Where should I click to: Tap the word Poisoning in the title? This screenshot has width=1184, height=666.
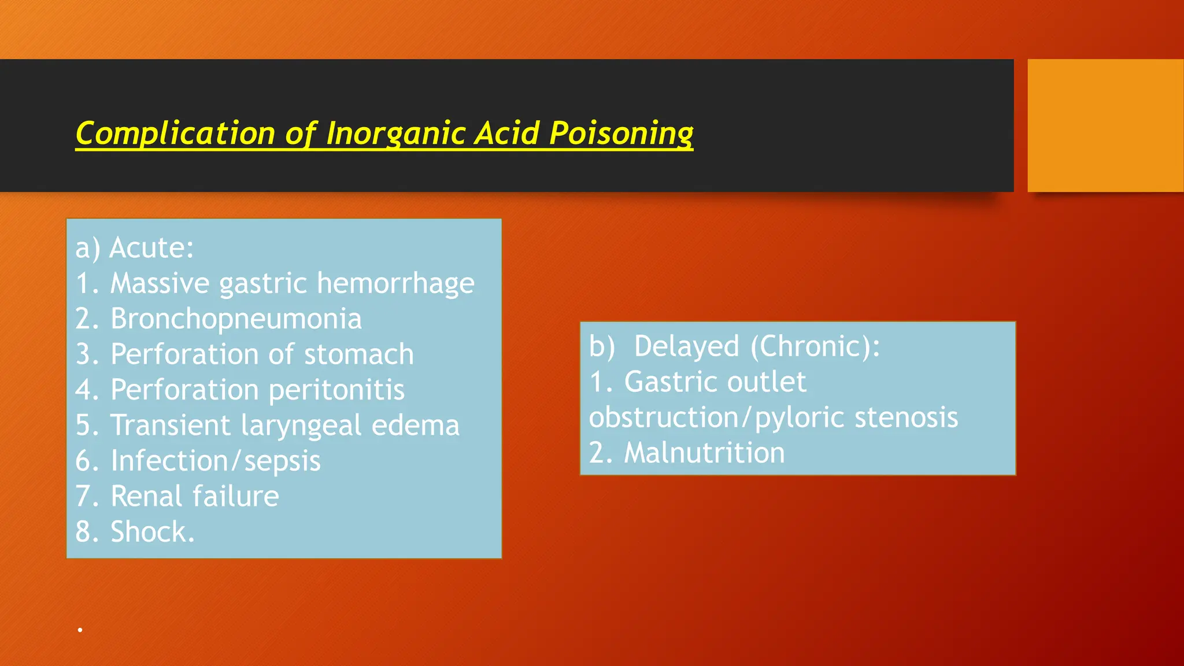tap(621, 134)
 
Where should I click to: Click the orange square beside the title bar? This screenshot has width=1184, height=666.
tap(1105, 125)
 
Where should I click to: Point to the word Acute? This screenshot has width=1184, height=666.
tap(151, 248)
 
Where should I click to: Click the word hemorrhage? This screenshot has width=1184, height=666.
tap(395, 284)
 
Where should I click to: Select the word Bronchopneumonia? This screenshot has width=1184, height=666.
tap(236, 319)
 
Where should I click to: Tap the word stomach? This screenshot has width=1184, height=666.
tap(359, 354)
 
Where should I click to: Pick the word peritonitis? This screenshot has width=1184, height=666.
tap(336, 390)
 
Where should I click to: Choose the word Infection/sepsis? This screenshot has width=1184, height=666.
tap(215, 461)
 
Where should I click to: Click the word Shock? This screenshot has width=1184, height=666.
tap(151, 532)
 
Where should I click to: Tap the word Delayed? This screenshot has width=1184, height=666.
tap(686, 347)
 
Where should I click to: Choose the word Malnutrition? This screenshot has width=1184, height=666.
tap(704, 453)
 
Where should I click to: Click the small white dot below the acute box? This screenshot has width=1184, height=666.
tap(80, 630)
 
